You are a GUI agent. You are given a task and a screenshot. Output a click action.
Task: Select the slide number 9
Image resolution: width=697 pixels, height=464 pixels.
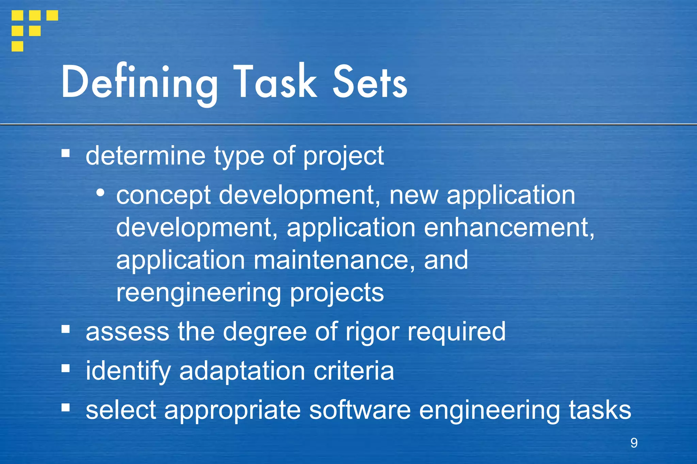(x=634, y=443)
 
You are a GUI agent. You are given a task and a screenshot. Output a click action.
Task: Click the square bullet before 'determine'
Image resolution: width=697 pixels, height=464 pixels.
(x=66, y=154)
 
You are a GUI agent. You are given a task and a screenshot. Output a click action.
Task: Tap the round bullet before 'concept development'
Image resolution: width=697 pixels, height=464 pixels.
(x=100, y=193)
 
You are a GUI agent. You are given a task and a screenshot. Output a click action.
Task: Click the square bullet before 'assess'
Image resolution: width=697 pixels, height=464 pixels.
(x=66, y=329)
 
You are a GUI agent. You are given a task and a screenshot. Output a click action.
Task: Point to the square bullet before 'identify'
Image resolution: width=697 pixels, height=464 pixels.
(x=66, y=368)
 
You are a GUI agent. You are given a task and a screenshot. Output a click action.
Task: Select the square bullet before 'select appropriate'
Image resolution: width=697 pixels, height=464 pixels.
(x=66, y=407)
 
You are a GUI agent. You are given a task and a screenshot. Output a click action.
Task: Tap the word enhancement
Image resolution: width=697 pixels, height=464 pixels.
(x=509, y=228)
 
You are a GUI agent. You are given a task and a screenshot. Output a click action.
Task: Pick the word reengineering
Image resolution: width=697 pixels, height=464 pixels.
(x=198, y=293)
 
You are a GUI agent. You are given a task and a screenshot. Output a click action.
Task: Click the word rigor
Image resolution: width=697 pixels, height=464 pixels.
(x=372, y=332)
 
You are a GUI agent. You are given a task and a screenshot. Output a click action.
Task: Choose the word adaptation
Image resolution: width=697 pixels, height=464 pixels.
(x=242, y=371)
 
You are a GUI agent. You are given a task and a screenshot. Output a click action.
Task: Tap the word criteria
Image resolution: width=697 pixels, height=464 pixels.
(x=354, y=371)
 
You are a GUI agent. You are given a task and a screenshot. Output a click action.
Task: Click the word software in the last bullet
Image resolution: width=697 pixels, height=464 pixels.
(x=360, y=410)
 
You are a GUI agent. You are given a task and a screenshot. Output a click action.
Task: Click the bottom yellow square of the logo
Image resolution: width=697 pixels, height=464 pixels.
(x=17, y=46)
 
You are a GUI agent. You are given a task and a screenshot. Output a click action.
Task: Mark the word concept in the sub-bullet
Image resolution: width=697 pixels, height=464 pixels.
(x=163, y=196)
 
